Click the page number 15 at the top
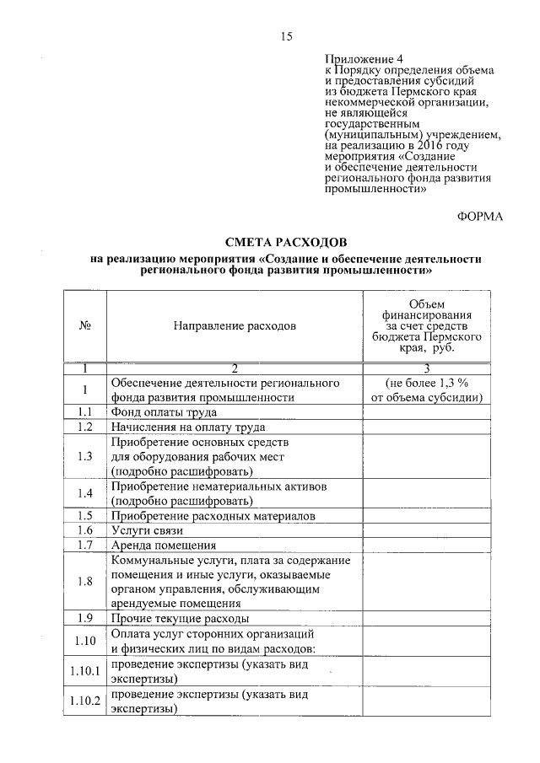(286, 35)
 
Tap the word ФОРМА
(479, 217)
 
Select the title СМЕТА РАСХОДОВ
(286, 243)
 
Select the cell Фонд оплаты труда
(165, 412)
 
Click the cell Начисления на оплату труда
(188, 427)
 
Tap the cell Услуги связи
(147, 530)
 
